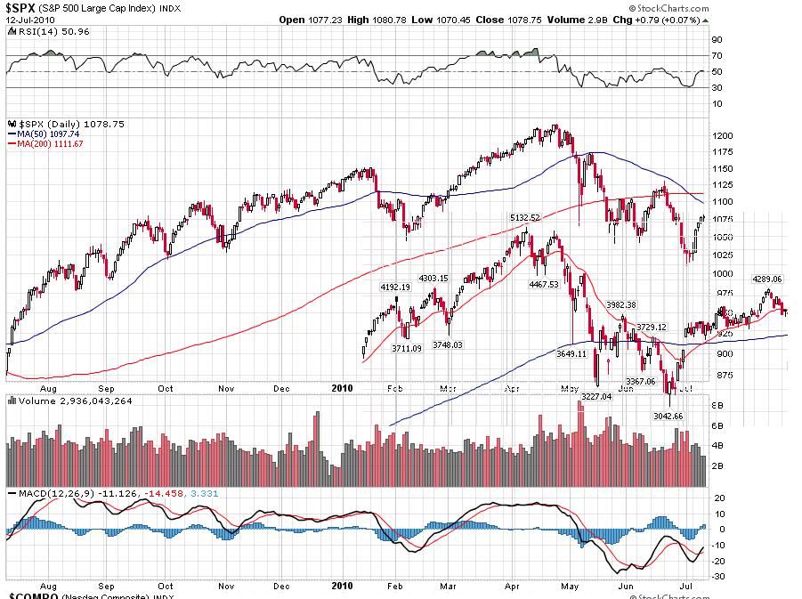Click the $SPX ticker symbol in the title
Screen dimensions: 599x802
click(x=22, y=7)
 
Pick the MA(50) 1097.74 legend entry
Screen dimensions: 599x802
click(x=50, y=133)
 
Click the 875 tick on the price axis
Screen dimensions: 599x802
click(x=721, y=375)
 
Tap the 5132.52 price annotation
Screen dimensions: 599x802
click(x=525, y=217)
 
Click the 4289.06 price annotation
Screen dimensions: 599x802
click(x=766, y=279)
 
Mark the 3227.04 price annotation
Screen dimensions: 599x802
click(x=596, y=397)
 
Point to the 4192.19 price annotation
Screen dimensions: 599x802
click(x=394, y=287)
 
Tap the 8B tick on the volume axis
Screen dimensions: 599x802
click(x=717, y=406)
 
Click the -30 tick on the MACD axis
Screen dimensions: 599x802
click(x=718, y=577)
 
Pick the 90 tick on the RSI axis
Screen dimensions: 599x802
click(x=716, y=39)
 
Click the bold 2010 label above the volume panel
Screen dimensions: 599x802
click(x=343, y=388)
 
